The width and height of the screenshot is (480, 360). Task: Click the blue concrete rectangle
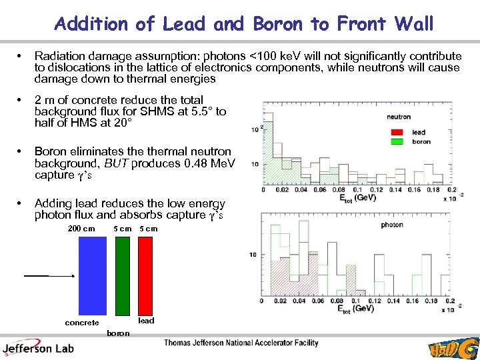89,275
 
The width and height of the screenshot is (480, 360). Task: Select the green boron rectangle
122,275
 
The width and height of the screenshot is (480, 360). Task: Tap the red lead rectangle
146,275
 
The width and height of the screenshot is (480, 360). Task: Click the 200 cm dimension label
81,229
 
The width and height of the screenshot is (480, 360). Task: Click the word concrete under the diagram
81,323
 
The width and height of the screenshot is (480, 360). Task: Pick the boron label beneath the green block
118,332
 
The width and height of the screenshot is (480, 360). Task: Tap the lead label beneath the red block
146,321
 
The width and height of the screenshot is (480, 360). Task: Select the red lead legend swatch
399,133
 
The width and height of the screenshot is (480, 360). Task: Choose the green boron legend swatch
399,141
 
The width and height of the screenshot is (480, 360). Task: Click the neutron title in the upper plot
399,117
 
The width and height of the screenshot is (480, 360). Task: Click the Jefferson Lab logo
38,347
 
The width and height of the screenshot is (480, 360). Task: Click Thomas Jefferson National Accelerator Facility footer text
241,343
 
